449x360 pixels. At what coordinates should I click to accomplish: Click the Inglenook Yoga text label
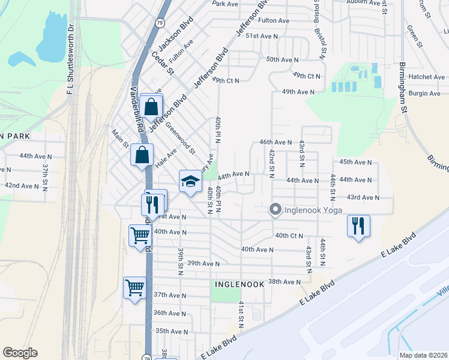(x=313, y=209)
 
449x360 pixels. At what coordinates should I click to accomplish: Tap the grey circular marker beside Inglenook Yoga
(x=276, y=209)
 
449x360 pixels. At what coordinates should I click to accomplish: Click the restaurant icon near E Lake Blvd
(x=358, y=226)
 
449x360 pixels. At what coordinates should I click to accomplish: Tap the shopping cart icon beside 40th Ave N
(x=140, y=235)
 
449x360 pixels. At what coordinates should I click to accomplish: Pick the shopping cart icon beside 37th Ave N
(x=135, y=288)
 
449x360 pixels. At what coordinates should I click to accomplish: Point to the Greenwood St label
(x=181, y=138)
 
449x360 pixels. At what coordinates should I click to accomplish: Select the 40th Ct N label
(x=289, y=235)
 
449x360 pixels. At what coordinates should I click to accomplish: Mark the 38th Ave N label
(x=284, y=281)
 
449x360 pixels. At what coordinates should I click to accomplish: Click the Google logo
(x=20, y=353)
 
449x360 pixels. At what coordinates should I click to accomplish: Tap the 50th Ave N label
(x=282, y=59)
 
